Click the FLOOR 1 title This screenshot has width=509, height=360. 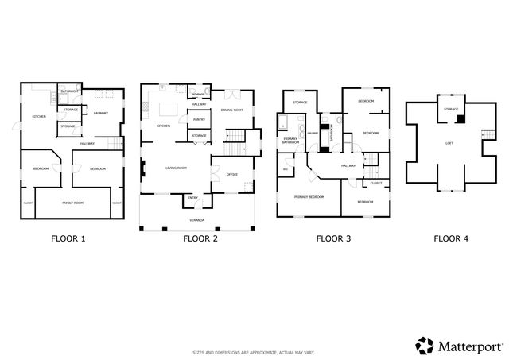(69, 238)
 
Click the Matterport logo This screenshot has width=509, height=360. (459, 345)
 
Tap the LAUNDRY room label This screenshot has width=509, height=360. (100, 113)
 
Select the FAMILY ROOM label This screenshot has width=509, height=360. (73, 203)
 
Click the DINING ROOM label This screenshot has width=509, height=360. (231, 110)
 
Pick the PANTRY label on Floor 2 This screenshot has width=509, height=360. (199, 119)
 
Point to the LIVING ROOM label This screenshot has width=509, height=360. (176, 168)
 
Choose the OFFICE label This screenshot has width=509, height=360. (232, 174)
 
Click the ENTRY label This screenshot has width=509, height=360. (193, 198)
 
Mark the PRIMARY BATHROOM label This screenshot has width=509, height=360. (290, 141)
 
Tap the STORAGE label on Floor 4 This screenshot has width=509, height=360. (451, 109)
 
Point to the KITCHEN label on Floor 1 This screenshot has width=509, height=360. (38, 117)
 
